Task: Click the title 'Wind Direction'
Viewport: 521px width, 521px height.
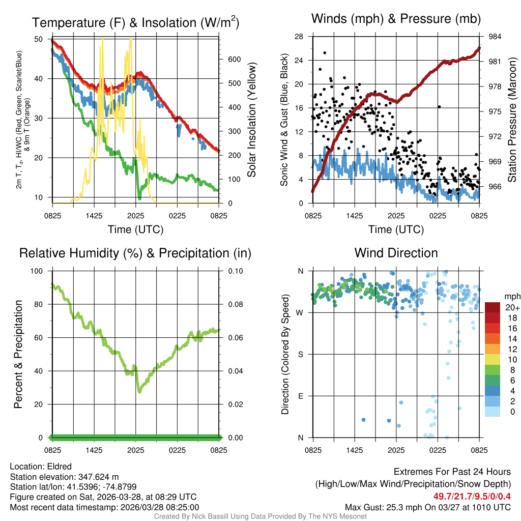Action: (396, 253)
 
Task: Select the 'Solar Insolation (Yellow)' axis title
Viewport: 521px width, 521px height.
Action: (252, 120)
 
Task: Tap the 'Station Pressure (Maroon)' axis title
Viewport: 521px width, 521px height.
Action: (512, 120)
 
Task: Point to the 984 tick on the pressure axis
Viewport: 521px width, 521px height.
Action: (495, 37)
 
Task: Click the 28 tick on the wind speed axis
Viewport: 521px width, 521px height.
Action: (300, 37)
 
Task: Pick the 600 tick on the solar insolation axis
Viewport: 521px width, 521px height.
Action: (234, 59)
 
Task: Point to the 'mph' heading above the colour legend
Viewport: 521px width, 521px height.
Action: (511, 296)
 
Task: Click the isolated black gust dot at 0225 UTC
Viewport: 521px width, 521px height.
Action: (439, 107)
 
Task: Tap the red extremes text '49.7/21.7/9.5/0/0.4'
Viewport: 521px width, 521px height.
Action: (472, 496)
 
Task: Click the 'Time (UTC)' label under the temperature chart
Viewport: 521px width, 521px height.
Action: (135, 229)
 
